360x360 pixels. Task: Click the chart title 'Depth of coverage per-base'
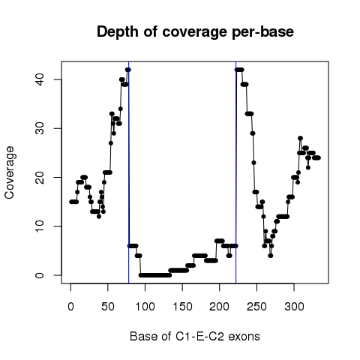195,32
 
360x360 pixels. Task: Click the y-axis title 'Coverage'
10,172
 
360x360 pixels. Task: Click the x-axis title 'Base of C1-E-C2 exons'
195,337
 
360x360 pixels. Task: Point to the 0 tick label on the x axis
70,307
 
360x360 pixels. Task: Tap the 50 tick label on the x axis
108,307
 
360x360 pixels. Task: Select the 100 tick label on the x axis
145,307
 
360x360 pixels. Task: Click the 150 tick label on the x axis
182,307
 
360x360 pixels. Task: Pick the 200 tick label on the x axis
219,307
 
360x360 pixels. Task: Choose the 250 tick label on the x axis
256,307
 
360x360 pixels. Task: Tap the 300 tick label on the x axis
294,307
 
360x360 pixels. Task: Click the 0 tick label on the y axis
40,275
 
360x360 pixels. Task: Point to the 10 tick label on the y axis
40,226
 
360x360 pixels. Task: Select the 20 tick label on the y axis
40,177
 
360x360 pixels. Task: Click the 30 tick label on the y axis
40,128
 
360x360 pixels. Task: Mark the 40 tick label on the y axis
40,79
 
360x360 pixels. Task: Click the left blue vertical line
129,172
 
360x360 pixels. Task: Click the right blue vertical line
235,172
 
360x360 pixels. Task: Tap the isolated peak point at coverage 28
300,138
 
